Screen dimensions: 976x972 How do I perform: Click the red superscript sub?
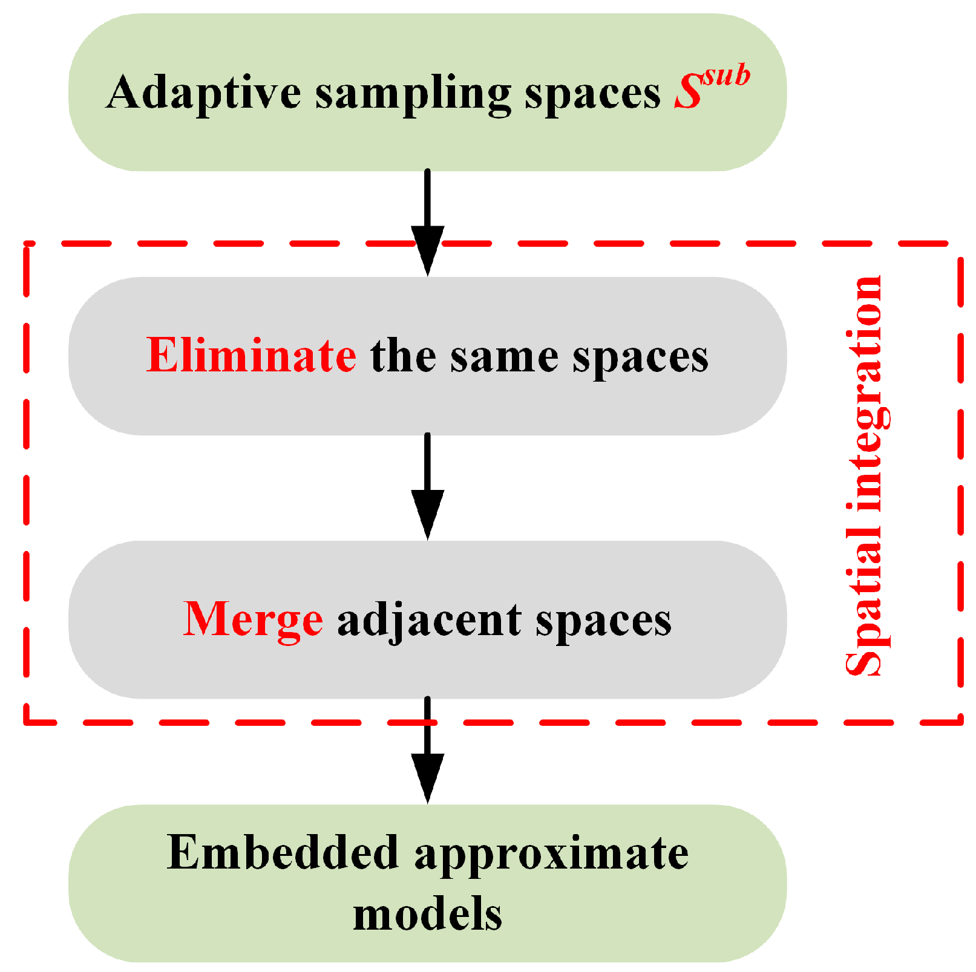[x=726, y=76]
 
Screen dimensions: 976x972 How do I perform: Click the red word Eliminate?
[x=251, y=356]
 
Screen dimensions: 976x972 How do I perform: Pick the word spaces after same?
[x=640, y=358]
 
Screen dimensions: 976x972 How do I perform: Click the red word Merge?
[x=253, y=619]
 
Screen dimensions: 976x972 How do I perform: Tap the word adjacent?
[x=429, y=621]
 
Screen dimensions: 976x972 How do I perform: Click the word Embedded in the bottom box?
[x=283, y=853]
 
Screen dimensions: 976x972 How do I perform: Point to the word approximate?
[x=551, y=855]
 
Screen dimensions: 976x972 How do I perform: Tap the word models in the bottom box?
[x=427, y=915]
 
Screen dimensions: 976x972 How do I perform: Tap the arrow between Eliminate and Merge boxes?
[x=427, y=487]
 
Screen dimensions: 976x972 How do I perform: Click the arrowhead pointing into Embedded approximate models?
[x=427, y=777]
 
